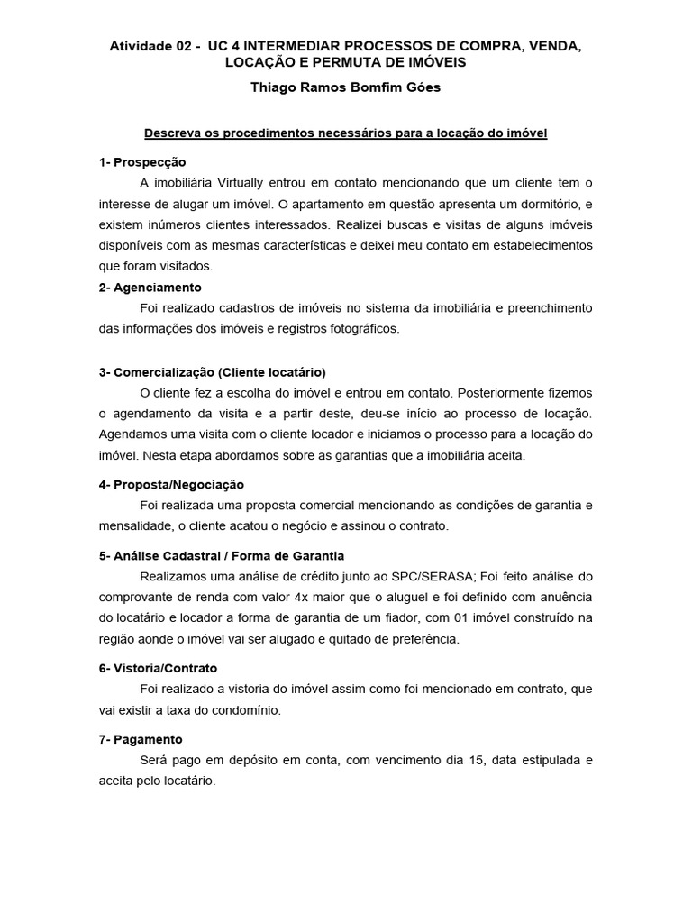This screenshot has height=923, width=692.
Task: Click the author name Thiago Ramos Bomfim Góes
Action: coord(346,88)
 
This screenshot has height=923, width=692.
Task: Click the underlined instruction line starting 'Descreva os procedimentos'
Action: coord(346,133)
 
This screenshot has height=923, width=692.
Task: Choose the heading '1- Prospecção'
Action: coord(142,162)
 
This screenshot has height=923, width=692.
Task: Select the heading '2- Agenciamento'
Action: coord(150,288)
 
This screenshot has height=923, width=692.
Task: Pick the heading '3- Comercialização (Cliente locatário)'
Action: coord(213,372)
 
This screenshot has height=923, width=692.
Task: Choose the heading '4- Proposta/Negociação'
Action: coord(171,484)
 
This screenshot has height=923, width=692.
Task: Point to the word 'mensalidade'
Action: coord(136,525)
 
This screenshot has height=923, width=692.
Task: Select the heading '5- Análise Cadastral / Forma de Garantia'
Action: coord(222,556)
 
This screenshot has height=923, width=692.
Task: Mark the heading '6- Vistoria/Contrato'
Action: coord(158,669)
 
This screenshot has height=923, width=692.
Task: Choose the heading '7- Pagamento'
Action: coord(141,739)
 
